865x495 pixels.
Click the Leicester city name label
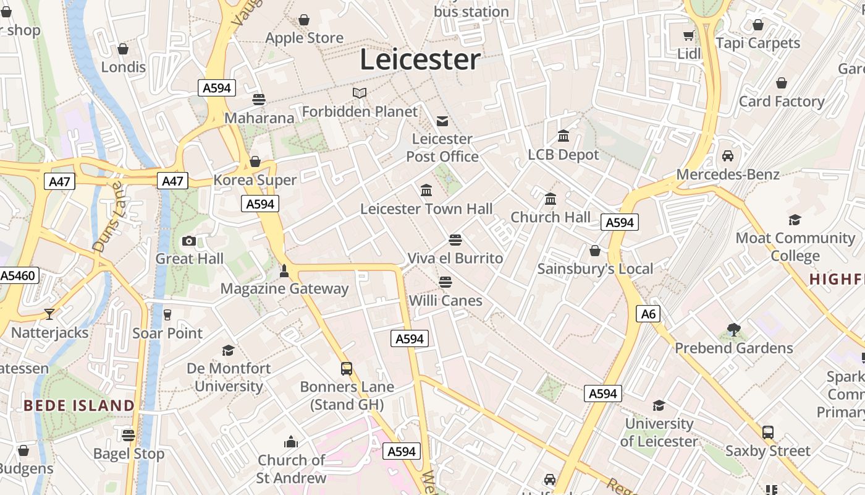tap(420, 59)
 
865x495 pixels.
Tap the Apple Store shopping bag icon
tap(304, 20)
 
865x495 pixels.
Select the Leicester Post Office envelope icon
tap(442, 121)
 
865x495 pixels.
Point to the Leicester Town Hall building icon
tap(426, 191)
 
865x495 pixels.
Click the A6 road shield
tap(648, 314)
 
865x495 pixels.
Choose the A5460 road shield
tap(19, 275)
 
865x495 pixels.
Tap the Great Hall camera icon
tap(189, 241)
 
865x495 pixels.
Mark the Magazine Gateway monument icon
tap(284, 271)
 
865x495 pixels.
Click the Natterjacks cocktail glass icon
tap(49, 314)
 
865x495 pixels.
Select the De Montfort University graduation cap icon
tap(229, 350)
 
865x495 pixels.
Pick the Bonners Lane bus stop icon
tap(347, 369)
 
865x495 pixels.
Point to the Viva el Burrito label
tap(455, 258)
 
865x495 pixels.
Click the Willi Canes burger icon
tap(445, 282)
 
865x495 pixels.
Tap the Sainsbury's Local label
tap(595, 269)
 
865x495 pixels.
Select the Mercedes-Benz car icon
tap(728, 156)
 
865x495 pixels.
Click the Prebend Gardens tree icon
tap(734, 330)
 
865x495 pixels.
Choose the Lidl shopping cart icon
tap(689, 36)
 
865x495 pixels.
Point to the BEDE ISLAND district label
tap(79, 406)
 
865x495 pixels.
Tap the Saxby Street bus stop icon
tap(768, 433)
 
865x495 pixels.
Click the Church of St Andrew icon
tap(290, 442)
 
